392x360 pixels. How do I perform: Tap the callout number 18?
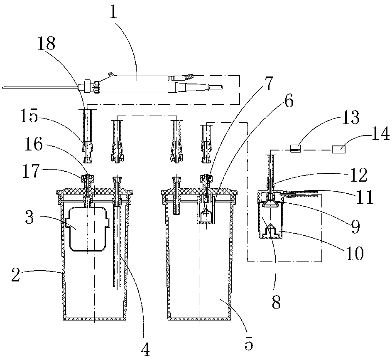pos(47,44)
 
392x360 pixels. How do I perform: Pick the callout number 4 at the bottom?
pos(145,349)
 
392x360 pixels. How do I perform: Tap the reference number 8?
pos(276,302)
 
